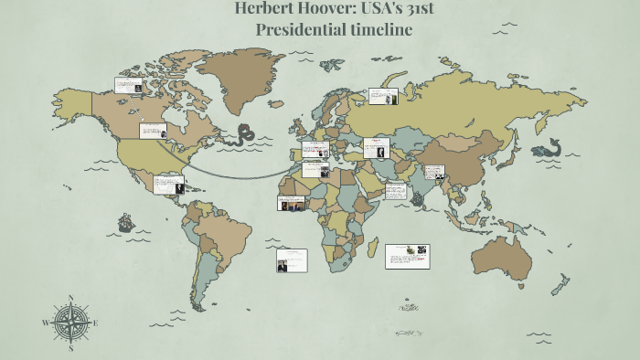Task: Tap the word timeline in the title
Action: [376, 29]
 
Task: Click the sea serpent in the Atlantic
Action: [245, 135]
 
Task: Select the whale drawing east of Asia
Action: [549, 147]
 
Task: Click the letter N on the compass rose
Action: [71, 297]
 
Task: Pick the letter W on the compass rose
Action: [46, 323]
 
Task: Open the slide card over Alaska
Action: [127, 85]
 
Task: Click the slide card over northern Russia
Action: [381, 96]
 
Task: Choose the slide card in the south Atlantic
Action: [292, 260]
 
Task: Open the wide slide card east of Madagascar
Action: [408, 255]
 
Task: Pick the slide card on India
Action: [433, 172]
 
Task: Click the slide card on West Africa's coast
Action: [293, 203]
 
